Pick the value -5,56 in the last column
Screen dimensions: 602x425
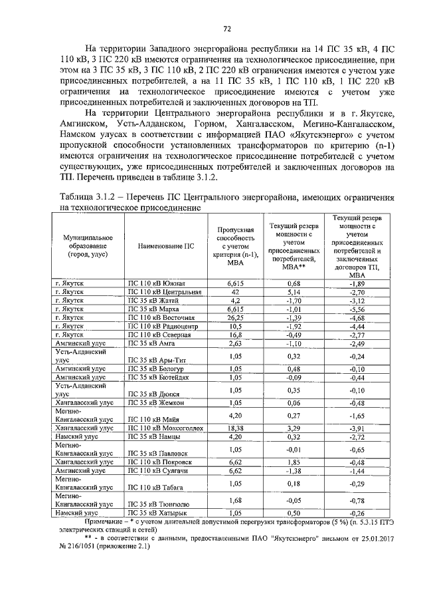358,309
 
